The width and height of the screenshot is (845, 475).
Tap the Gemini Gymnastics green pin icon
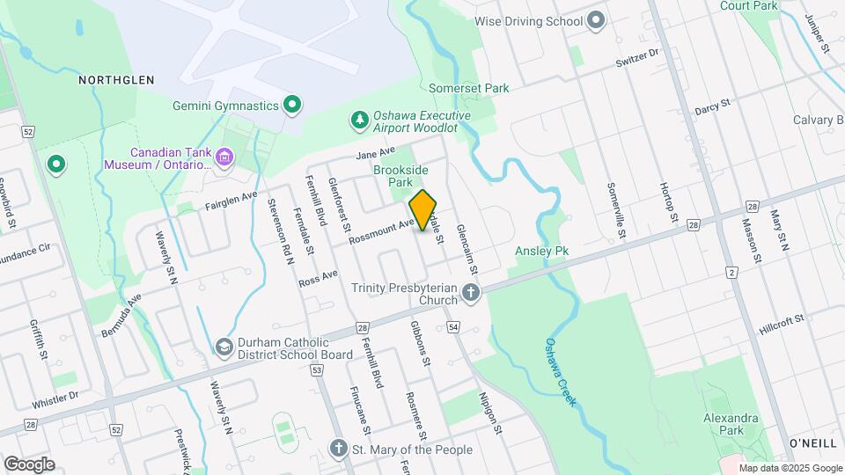click(x=292, y=106)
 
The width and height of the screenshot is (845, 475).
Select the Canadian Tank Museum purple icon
click(x=225, y=157)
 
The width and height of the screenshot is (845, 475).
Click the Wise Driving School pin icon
click(x=597, y=21)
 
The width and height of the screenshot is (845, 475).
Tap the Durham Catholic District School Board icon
click(x=225, y=348)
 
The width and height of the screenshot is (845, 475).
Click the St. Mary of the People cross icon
click(x=338, y=449)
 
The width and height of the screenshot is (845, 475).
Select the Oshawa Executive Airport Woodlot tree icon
click(x=359, y=121)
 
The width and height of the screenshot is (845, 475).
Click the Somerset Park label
click(x=469, y=88)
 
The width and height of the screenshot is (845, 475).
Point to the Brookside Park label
click(x=400, y=175)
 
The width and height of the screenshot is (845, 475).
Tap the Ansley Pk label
click(x=542, y=252)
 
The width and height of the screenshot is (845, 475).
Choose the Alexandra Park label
click(x=730, y=424)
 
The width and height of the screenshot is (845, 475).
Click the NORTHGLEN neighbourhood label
click(x=116, y=80)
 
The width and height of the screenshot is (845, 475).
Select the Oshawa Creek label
click(x=560, y=372)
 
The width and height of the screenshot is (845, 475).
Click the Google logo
click(x=29, y=464)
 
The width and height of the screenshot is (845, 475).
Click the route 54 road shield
click(x=453, y=327)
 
